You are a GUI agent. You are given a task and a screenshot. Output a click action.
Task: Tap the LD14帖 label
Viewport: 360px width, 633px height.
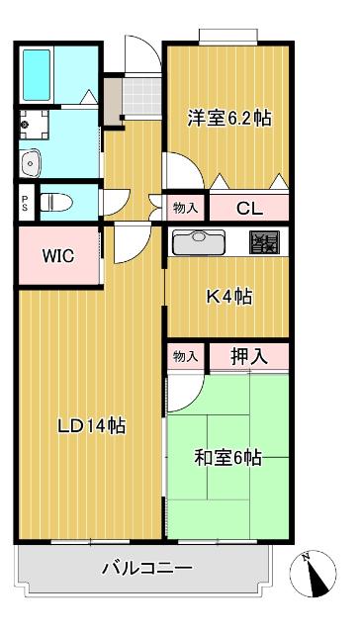[x=90, y=426]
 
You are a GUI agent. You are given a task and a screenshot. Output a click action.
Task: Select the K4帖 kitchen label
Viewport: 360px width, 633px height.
[x=228, y=295]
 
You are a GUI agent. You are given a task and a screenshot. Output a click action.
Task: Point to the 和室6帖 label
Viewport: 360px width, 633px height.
[x=227, y=457]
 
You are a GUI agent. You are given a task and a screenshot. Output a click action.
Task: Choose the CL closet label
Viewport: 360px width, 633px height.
[x=248, y=208]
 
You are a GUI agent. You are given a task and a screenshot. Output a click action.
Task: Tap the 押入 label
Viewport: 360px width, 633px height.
[x=248, y=356]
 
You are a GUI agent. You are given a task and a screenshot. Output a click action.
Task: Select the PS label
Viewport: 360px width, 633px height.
[x=25, y=202]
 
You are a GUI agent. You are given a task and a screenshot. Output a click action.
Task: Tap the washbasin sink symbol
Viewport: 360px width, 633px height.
[x=29, y=160]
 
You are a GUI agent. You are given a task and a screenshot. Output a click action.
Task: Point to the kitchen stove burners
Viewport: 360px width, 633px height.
[x=264, y=241]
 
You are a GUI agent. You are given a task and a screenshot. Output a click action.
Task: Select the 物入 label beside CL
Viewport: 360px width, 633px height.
[x=185, y=208]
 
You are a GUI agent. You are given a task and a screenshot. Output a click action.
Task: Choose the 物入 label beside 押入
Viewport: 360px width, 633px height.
[x=185, y=356]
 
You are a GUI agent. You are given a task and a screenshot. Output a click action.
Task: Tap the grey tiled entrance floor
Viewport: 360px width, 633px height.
[x=141, y=93]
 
